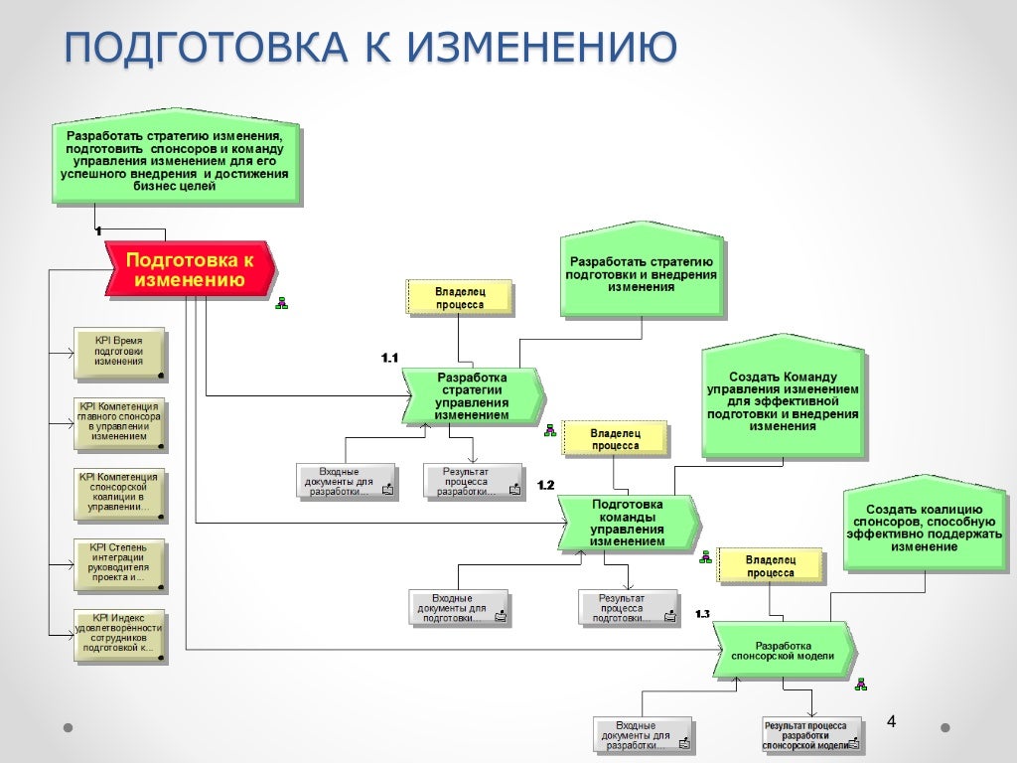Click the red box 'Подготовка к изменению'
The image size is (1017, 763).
pos(189,269)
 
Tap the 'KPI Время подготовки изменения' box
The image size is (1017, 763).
pos(119,353)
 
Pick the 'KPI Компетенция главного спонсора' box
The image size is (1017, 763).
pos(119,421)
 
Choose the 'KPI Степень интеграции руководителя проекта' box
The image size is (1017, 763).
pos(119,562)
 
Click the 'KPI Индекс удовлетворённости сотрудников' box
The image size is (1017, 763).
pos(119,634)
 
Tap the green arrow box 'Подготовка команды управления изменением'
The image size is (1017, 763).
pos(628,523)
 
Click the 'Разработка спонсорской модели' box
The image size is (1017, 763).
pos(783,651)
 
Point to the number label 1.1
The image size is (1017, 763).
pos(389,358)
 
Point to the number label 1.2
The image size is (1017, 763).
pos(545,485)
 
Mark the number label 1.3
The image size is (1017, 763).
pos(702,614)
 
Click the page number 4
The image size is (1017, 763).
pos(891,721)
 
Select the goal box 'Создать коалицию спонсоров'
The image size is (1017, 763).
pos(917,527)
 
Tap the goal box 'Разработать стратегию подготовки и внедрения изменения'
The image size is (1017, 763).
pos(642,272)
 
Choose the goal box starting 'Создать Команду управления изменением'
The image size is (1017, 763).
pos(782,401)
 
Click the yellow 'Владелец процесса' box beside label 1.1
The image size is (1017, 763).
pos(460,297)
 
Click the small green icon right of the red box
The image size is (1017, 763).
pos(281,302)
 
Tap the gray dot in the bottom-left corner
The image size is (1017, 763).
pos(68,727)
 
